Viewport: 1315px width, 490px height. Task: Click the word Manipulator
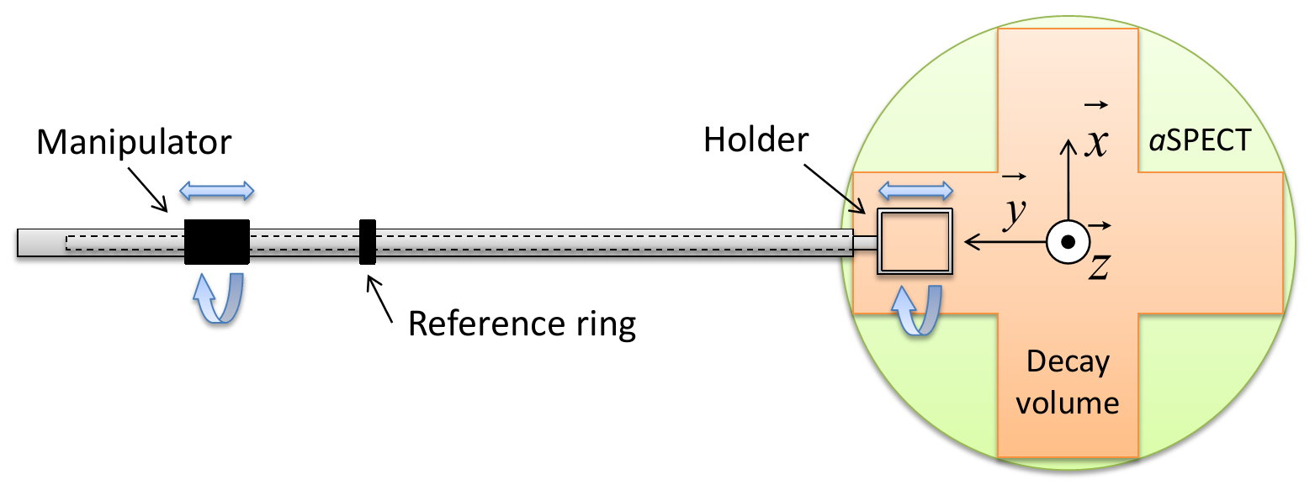(x=133, y=142)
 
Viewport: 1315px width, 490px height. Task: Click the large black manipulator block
(x=217, y=242)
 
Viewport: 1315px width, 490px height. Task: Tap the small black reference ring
(x=368, y=242)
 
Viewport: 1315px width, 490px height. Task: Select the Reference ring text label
(x=522, y=324)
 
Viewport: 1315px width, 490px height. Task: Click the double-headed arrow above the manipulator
(x=217, y=191)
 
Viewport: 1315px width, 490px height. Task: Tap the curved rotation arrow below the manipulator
(x=217, y=298)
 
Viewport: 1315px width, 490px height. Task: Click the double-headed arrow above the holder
(x=915, y=190)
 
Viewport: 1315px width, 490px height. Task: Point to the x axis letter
(x=1095, y=143)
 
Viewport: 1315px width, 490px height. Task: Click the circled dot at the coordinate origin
(x=1068, y=242)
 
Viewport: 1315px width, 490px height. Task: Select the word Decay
(x=1068, y=363)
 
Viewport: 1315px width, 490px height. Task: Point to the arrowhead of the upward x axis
(x=1068, y=145)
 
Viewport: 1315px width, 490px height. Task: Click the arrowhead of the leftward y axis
(x=971, y=242)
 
